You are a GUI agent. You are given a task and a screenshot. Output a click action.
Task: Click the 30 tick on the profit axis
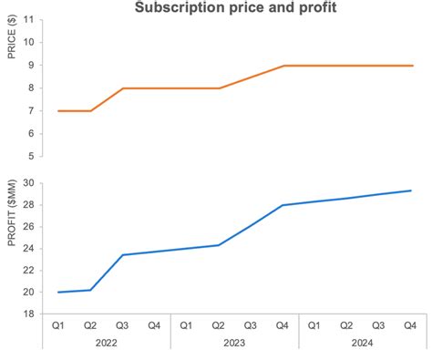[x=29, y=182]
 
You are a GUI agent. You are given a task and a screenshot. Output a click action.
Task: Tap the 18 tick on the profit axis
[x=29, y=314]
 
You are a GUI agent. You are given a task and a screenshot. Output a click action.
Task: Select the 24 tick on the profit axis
[x=29, y=248]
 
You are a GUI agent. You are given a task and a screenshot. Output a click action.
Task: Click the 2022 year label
[x=107, y=344]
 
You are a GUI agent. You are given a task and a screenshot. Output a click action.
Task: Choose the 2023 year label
[x=234, y=344]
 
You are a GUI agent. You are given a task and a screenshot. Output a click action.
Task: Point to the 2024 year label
[x=362, y=344]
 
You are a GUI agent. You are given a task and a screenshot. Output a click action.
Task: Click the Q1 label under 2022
[x=58, y=325]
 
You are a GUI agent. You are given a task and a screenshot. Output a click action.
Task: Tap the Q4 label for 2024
[x=410, y=325]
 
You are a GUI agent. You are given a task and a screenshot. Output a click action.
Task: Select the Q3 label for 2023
[x=250, y=325]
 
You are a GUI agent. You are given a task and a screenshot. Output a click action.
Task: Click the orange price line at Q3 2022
[x=122, y=88]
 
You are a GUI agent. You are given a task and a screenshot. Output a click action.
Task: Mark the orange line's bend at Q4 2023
[x=283, y=66]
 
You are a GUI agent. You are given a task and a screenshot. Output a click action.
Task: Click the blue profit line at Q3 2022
[x=122, y=255]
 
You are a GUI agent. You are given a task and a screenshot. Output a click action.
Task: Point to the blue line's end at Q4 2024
[x=410, y=190]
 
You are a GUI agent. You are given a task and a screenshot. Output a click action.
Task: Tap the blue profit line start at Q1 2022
[x=58, y=293]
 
